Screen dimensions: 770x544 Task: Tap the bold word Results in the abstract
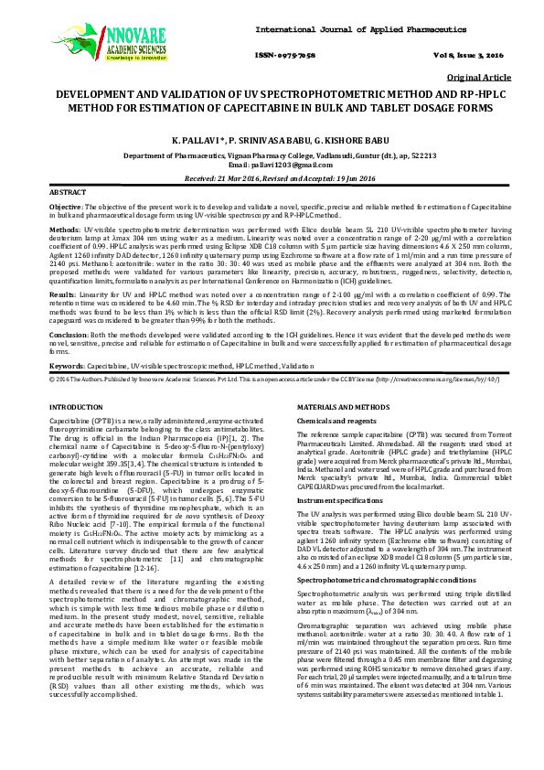62,295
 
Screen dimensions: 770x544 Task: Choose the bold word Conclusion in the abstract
69,336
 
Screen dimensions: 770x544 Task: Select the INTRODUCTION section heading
80,405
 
